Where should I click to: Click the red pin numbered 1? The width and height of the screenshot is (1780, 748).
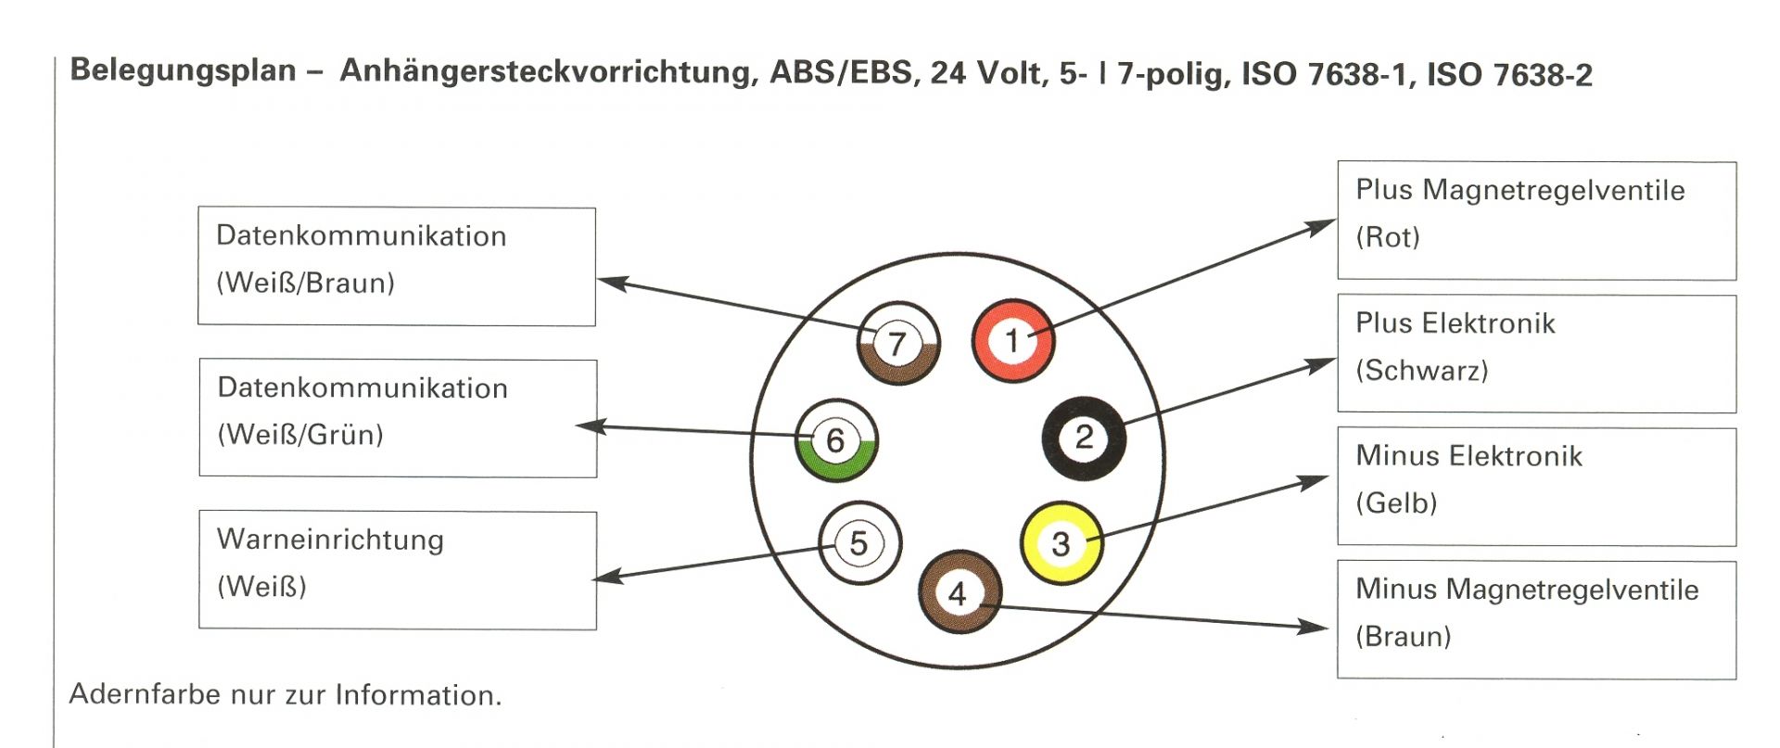1012,340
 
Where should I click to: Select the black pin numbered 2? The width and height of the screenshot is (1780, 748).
1084,437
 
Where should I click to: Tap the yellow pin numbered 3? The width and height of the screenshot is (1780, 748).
1061,543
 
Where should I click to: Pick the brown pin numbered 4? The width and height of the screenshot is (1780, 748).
959,592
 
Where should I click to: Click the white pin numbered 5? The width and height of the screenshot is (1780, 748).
859,543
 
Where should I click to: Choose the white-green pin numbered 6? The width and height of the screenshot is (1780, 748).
835,440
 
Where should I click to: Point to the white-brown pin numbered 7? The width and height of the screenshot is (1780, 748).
896,343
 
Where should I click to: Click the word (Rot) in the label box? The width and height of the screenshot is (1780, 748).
1387,237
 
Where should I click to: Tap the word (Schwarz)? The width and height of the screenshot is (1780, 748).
1421,371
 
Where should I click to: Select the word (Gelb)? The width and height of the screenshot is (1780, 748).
1396,503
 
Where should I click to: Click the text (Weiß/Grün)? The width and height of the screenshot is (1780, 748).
300,435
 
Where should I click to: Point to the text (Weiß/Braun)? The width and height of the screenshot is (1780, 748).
305,283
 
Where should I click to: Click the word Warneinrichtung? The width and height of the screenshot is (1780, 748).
330,539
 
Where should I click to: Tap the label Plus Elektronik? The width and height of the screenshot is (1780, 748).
1455,323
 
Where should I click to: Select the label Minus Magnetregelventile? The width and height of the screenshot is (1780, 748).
1527,590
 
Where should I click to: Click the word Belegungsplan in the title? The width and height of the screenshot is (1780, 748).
183,70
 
